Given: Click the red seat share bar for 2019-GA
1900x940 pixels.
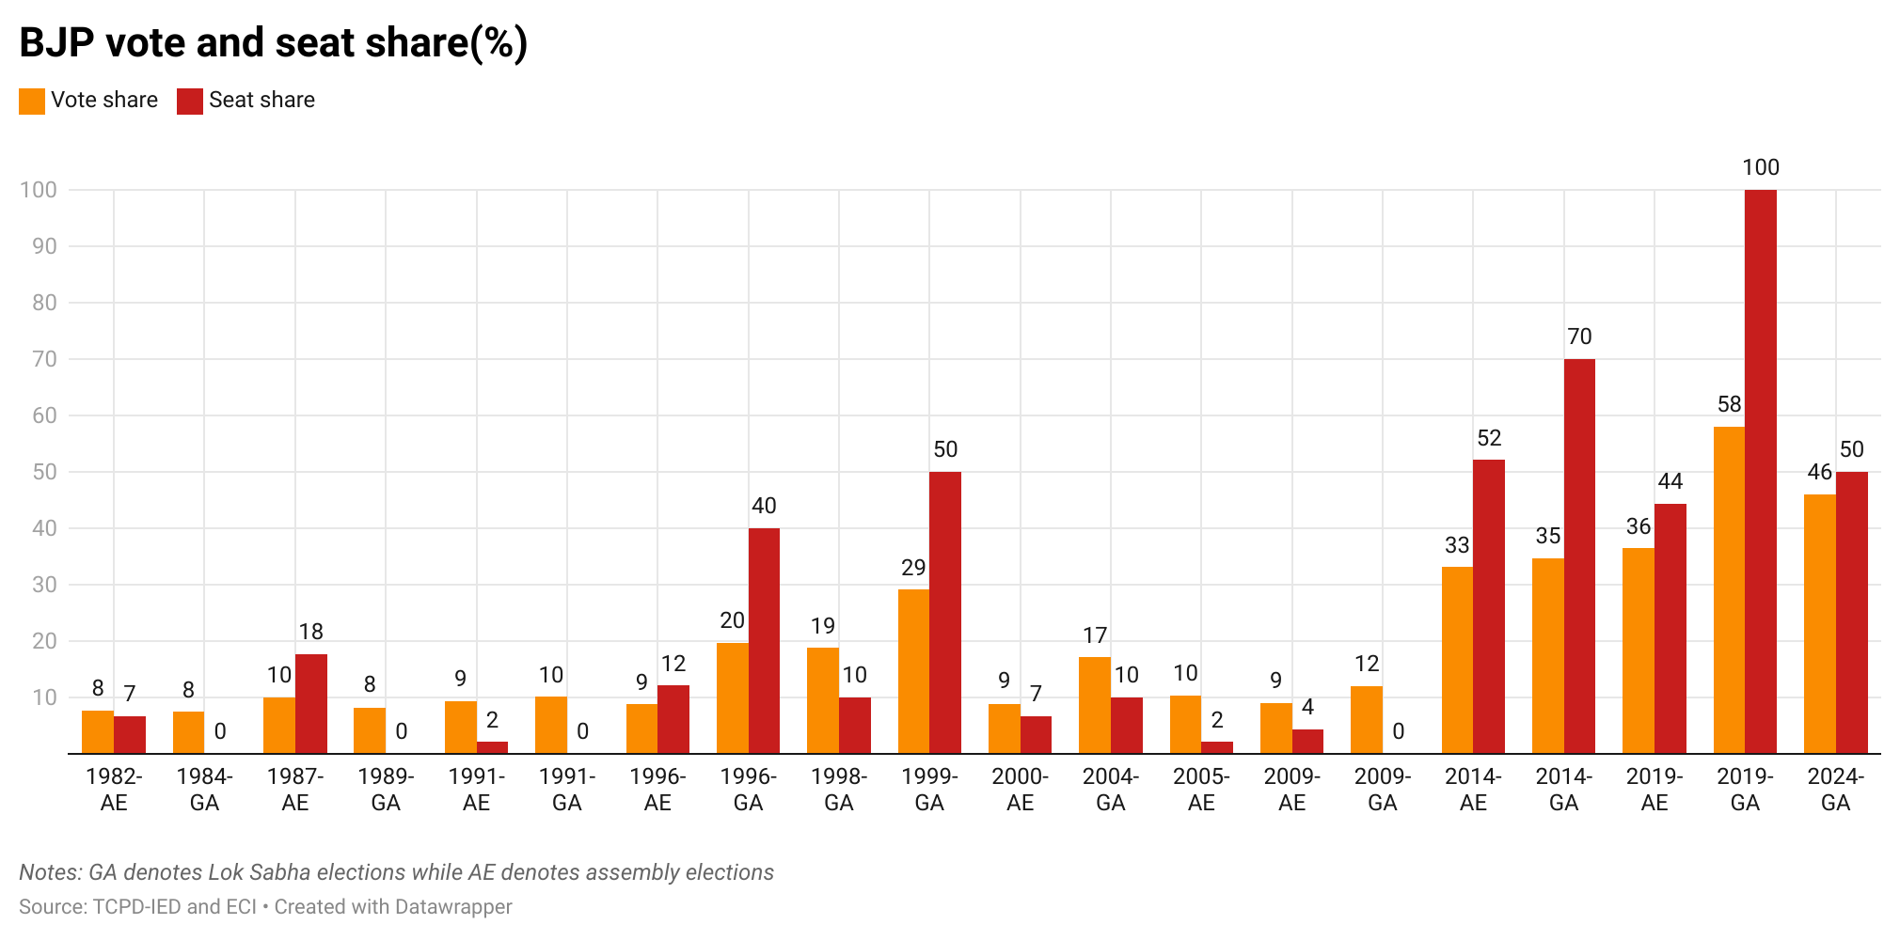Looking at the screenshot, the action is pyautogui.click(x=1761, y=472).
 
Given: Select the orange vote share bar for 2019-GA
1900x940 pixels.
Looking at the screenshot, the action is pyautogui.click(x=1729, y=590).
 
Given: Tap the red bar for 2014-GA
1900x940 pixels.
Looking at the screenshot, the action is pyautogui.click(x=1579, y=556).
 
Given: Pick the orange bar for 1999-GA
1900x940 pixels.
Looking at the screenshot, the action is pyautogui.click(x=913, y=671).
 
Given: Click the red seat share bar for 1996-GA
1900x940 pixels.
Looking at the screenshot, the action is pyautogui.click(x=764, y=641).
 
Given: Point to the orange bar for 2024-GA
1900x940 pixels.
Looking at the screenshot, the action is pyautogui.click(x=1820, y=624).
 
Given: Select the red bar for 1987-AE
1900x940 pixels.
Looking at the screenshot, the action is pyautogui.click(x=311, y=704).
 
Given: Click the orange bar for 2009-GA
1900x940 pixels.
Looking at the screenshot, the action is pyautogui.click(x=1367, y=720).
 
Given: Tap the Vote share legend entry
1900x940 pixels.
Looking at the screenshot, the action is pyautogui.click(x=88, y=101).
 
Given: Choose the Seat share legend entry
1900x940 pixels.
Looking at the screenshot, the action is pyautogui.click(x=246, y=101).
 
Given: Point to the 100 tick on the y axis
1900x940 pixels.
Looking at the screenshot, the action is pyautogui.click(x=39, y=190).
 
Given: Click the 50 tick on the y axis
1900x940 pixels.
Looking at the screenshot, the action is pyautogui.click(x=44, y=472).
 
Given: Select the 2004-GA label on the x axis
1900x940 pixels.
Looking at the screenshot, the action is pyautogui.click(x=1111, y=790).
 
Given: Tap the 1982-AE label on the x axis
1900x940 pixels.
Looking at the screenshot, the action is pyautogui.click(x=114, y=790).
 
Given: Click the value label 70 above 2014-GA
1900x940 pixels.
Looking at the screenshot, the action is pyautogui.click(x=1580, y=337).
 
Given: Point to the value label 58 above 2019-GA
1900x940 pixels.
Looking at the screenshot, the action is pyautogui.click(x=1730, y=404).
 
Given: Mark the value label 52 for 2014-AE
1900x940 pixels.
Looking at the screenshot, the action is pyautogui.click(x=1489, y=438).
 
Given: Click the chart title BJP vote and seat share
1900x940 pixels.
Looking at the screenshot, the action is pyautogui.click(x=274, y=43).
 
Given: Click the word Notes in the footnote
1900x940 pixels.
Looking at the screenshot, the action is pyautogui.click(x=51, y=872).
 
